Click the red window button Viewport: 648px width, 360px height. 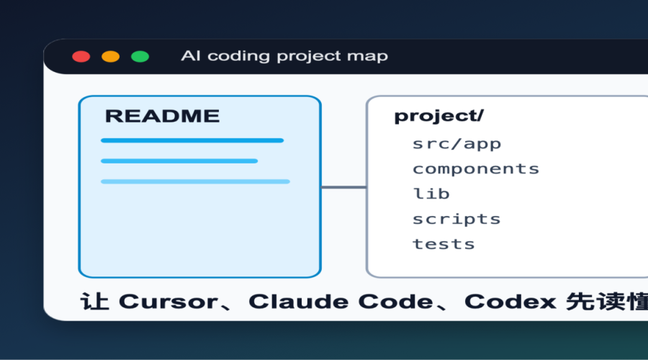(81, 57)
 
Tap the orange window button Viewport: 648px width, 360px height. (111, 57)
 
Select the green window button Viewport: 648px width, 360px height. (140, 57)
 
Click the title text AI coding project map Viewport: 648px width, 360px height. (284, 56)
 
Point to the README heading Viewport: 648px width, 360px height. (163, 116)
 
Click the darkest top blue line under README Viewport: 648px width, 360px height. (192, 140)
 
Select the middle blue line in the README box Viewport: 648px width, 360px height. (179, 161)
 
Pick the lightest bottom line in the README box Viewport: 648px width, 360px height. (195, 181)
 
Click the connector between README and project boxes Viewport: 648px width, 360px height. (344, 187)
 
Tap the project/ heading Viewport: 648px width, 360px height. (439, 116)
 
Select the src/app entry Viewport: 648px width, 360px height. (456, 144)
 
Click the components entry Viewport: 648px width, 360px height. (476, 169)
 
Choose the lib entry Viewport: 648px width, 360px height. (431, 194)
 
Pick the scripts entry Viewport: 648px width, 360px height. (456, 219)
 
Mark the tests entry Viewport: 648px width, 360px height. (444, 244)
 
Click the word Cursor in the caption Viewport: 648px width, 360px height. (168, 302)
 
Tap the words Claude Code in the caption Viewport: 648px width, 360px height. (341, 302)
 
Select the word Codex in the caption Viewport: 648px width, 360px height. (510, 302)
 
